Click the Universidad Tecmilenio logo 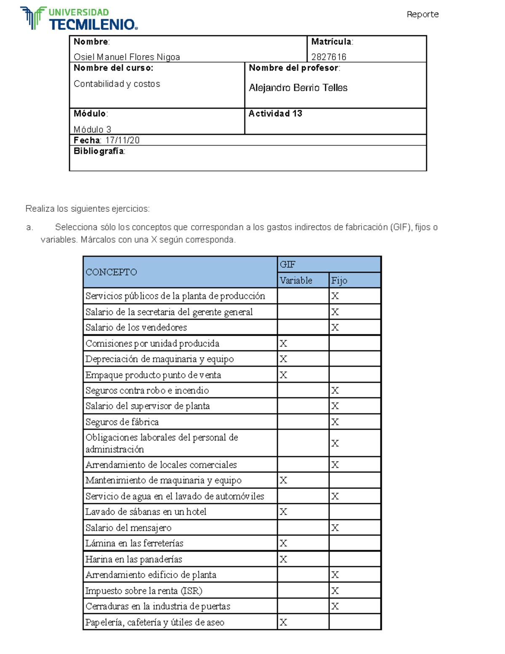coord(79,19)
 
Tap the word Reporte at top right coord(422,14)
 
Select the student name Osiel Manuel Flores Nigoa coord(127,57)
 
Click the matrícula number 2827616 coord(329,57)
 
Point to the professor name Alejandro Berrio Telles coord(298,88)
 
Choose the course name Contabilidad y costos coord(117,84)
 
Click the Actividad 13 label coord(275,114)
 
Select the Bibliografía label coord(99,151)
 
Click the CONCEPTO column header coord(111,272)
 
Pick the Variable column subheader coord(296,280)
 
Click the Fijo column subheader coord(339,280)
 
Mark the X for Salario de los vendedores coord(335,328)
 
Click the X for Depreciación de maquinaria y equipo coord(283,359)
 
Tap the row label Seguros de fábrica coord(122,422)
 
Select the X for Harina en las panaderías coord(283,559)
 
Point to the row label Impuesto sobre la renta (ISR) coord(144,591)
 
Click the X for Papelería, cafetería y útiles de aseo coord(283,622)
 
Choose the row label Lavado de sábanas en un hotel coord(146,512)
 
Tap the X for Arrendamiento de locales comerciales coord(335,465)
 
